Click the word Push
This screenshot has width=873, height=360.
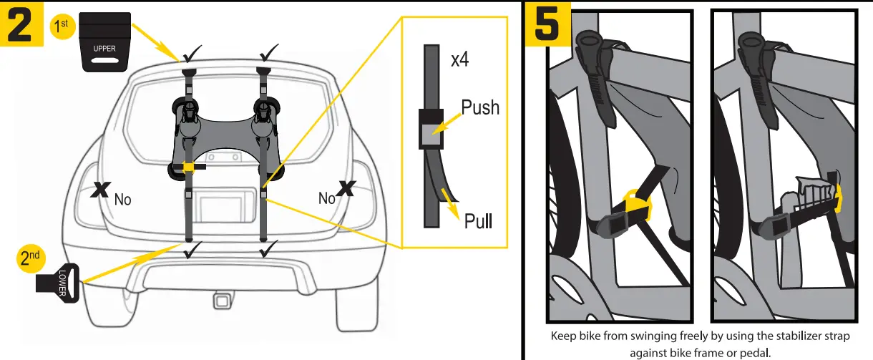coord(480,108)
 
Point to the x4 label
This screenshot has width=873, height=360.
coord(459,59)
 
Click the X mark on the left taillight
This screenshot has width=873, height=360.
coord(102,189)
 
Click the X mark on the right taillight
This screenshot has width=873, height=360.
coord(347,188)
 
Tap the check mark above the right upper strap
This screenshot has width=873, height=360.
coord(268,52)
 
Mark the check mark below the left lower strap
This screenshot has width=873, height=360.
coord(190,250)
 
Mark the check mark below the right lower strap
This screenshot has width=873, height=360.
coord(268,250)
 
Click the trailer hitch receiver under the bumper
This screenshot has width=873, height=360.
coord(220,303)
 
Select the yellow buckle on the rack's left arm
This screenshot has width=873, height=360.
coord(188,167)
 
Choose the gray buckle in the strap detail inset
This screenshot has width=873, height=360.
coord(431,129)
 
